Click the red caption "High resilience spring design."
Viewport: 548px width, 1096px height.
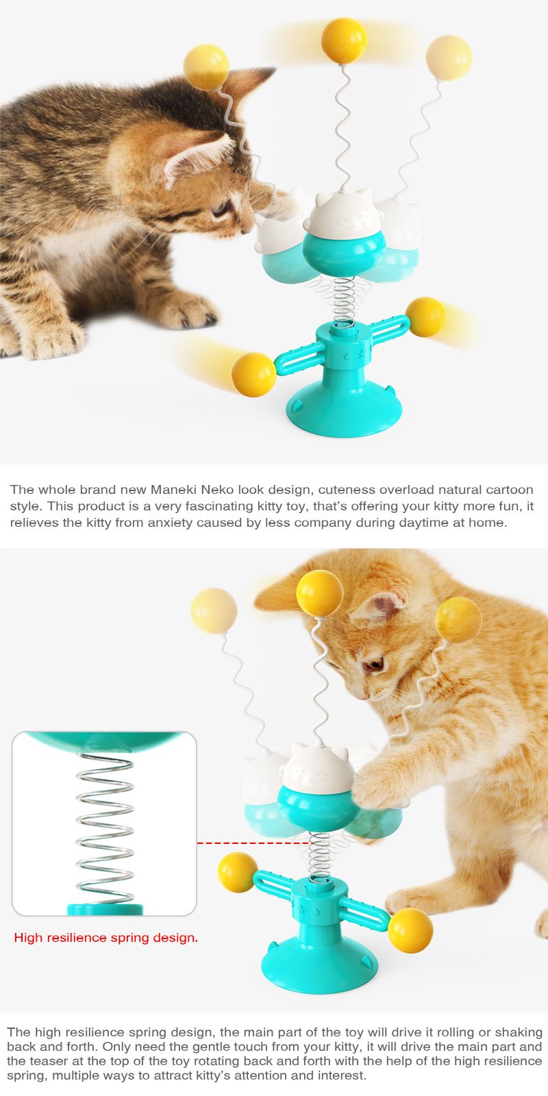tap(105, 938)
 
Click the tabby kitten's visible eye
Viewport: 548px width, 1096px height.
tap(222, 210)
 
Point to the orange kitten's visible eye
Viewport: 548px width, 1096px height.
tap(373, 664)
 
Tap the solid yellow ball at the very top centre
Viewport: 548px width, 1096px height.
tap(344, 40)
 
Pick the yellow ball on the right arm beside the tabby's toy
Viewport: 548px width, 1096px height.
tap(425, 317)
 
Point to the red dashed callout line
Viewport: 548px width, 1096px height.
tap(253, 843)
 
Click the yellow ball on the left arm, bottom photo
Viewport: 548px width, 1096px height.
tap(237, 873)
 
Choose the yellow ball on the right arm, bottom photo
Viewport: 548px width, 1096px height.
tap(410, 931)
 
